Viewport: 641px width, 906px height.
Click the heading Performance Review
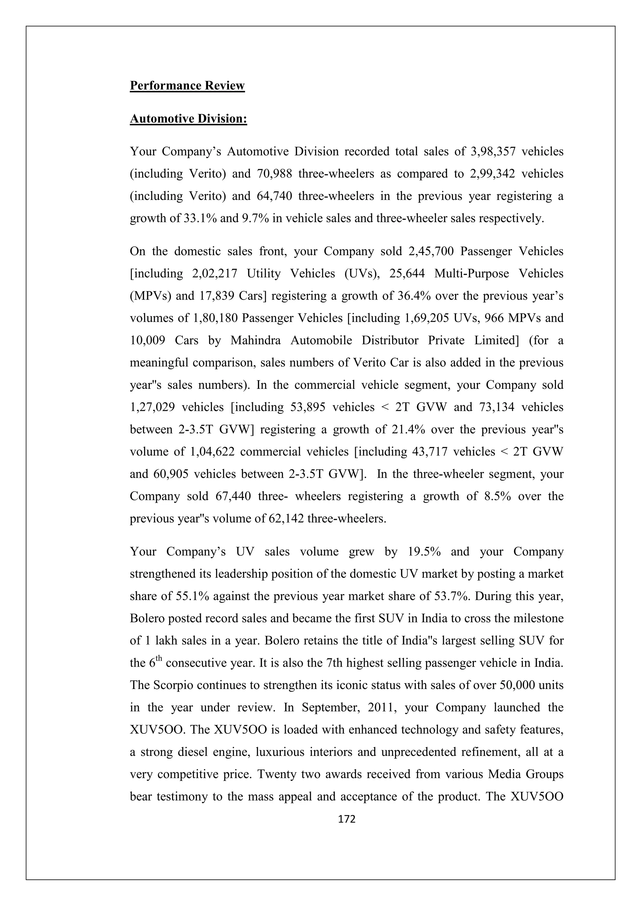pos(187,86)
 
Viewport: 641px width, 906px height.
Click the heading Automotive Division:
pos(188,119)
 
